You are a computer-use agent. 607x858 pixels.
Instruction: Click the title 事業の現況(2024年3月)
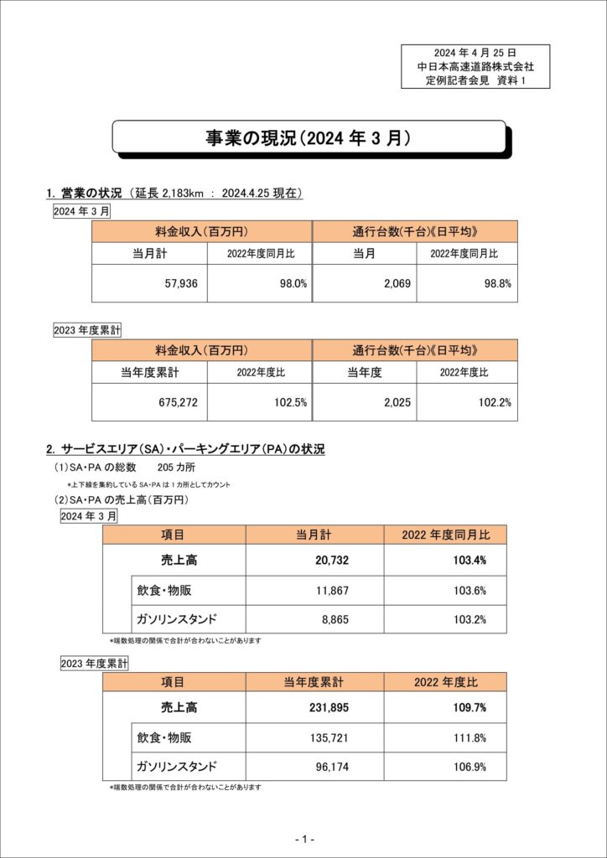(309, 138)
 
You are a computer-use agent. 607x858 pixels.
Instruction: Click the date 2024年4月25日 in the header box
(475, 52)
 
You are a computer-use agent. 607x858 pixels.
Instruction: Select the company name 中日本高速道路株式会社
(475, 66)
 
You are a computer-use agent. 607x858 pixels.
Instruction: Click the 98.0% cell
(293, 284)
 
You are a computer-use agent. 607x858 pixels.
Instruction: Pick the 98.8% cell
(495, 284)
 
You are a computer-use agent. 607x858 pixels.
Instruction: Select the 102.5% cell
(291, 402)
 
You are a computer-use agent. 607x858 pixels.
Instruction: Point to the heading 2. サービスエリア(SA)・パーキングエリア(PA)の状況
(185, 449)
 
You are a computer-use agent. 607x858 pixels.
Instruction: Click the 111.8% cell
(470, 737)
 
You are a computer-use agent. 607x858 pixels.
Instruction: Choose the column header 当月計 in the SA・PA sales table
(314, 535)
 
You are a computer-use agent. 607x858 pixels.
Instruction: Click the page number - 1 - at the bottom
(303, 839)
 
